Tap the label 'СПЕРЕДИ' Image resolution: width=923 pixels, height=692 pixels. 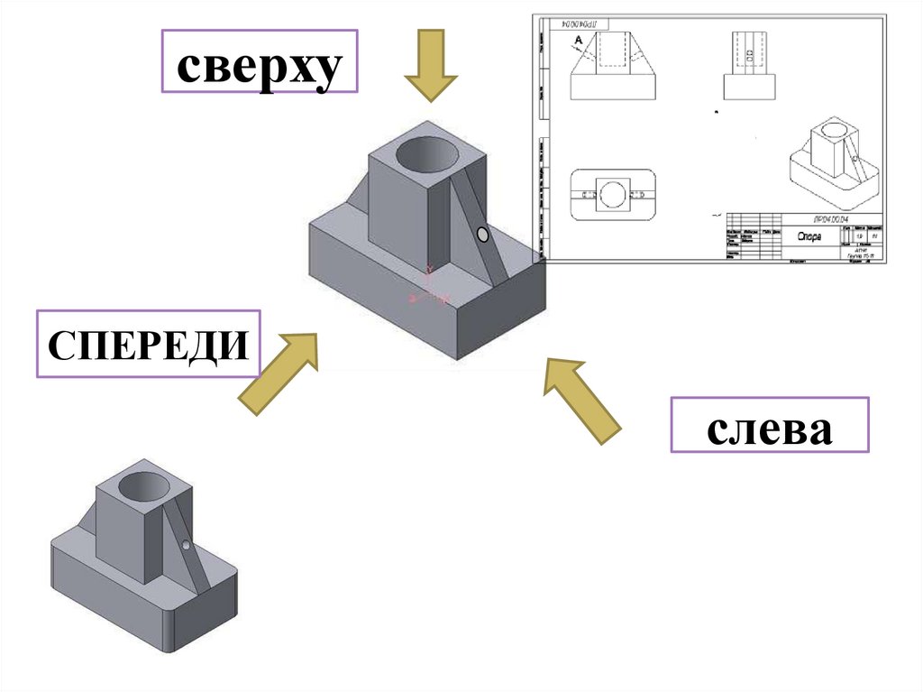tap(148, 344)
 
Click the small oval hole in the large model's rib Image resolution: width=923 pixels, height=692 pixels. tap(483, 235)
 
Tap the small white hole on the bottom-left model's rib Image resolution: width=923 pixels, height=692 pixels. tap(186, 545)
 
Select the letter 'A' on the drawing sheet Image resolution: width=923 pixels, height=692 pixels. tap(577, 40)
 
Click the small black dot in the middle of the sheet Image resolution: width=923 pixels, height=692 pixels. tap(716, 112)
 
